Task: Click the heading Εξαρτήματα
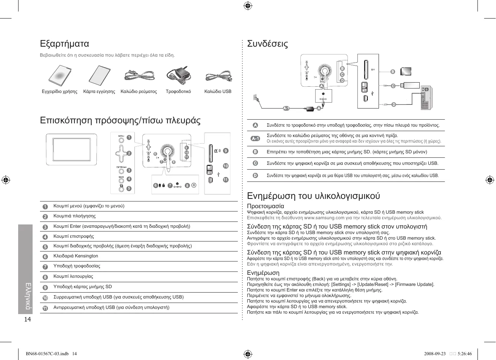pos(64,44)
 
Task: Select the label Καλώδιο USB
pos(218,91)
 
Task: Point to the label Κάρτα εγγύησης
pos(99,91)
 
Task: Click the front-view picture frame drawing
pos(71,149)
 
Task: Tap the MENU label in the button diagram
pos(121,136)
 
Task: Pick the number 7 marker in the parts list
pos(45,267)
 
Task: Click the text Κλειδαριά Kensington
pos(76,256)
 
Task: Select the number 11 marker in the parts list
pos(45,308)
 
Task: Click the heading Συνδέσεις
pos(267,44)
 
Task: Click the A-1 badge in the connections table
pos(255,139)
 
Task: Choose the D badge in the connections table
pos(255,176)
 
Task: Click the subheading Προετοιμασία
pos(265,206)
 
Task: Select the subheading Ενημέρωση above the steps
pos(263,273)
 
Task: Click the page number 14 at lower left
pos(27,319)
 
